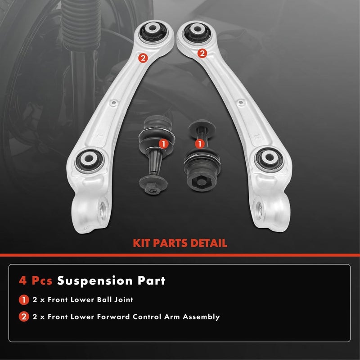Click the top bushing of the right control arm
coord(197,32)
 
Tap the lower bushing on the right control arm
coord(269,159)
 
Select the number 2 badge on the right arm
coord(202,54)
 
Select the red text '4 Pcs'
coord(36,281)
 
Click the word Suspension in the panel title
coord(90,281)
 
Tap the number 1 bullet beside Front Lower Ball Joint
coord(23,299)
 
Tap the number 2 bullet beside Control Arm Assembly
coord(23,317)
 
